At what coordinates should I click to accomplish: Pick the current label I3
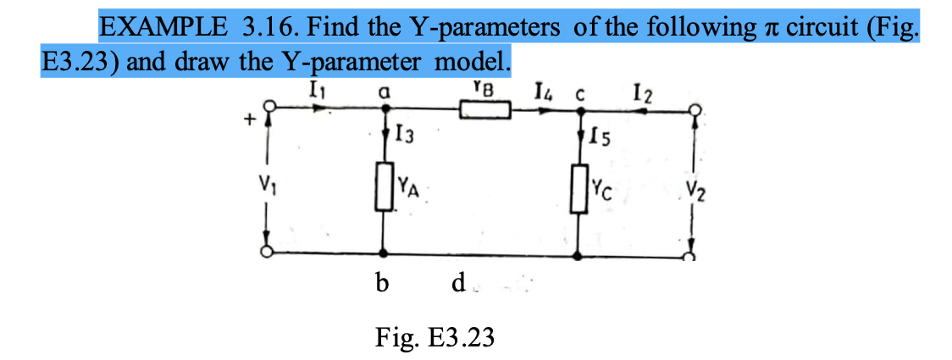(405, 133)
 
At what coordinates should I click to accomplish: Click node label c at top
(581, 91)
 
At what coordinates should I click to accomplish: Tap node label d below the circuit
(458, 285)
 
